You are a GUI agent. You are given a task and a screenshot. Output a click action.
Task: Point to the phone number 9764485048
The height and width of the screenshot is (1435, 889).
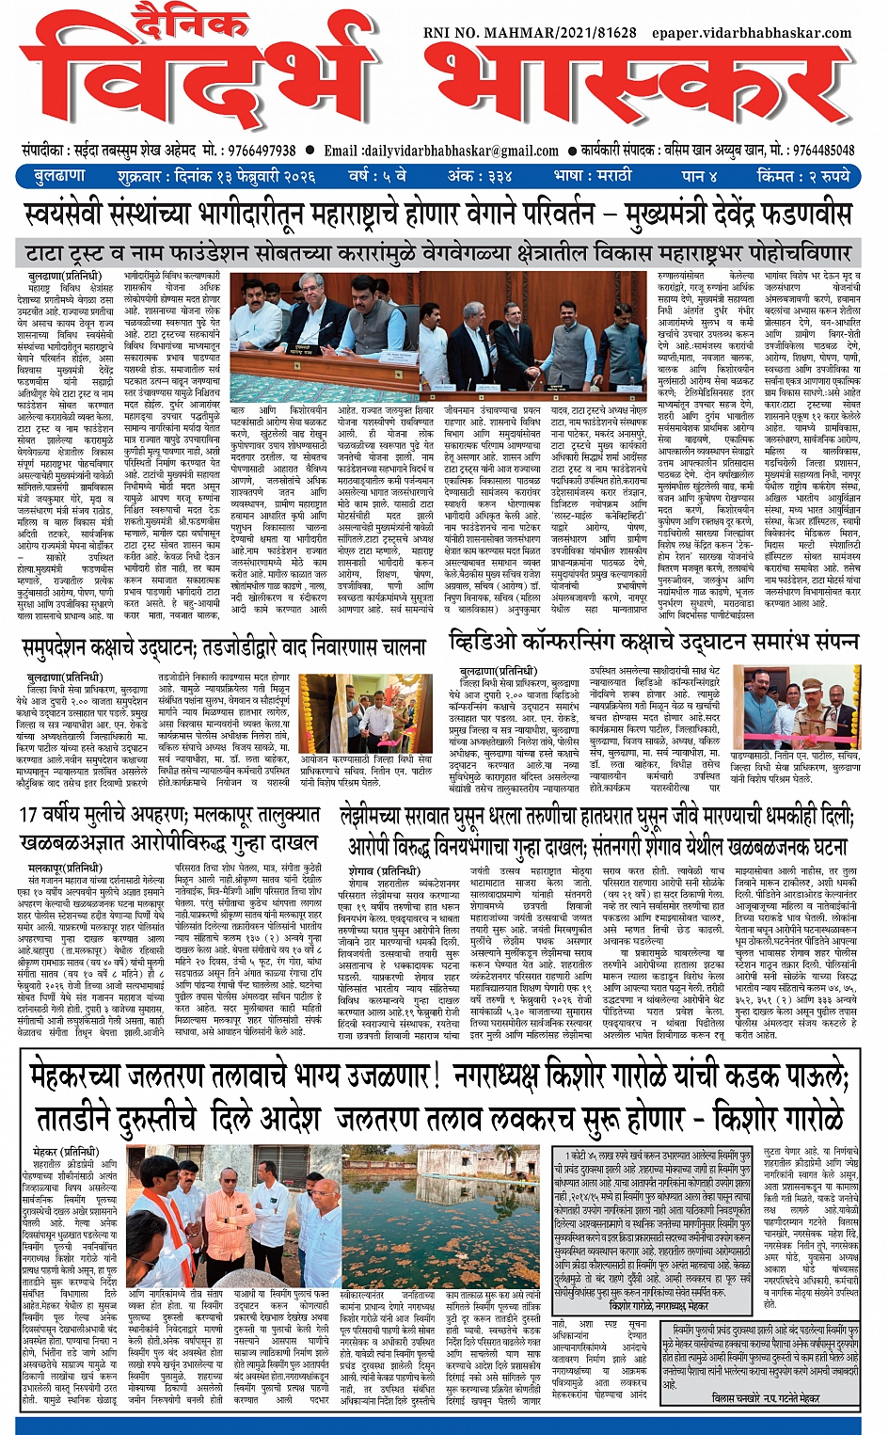pos(823,151)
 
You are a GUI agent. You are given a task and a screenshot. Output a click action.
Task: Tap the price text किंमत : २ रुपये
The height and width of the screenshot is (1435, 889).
pos(806,176)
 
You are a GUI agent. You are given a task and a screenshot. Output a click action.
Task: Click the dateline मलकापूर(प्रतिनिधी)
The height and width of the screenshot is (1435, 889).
pos(64,868)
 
